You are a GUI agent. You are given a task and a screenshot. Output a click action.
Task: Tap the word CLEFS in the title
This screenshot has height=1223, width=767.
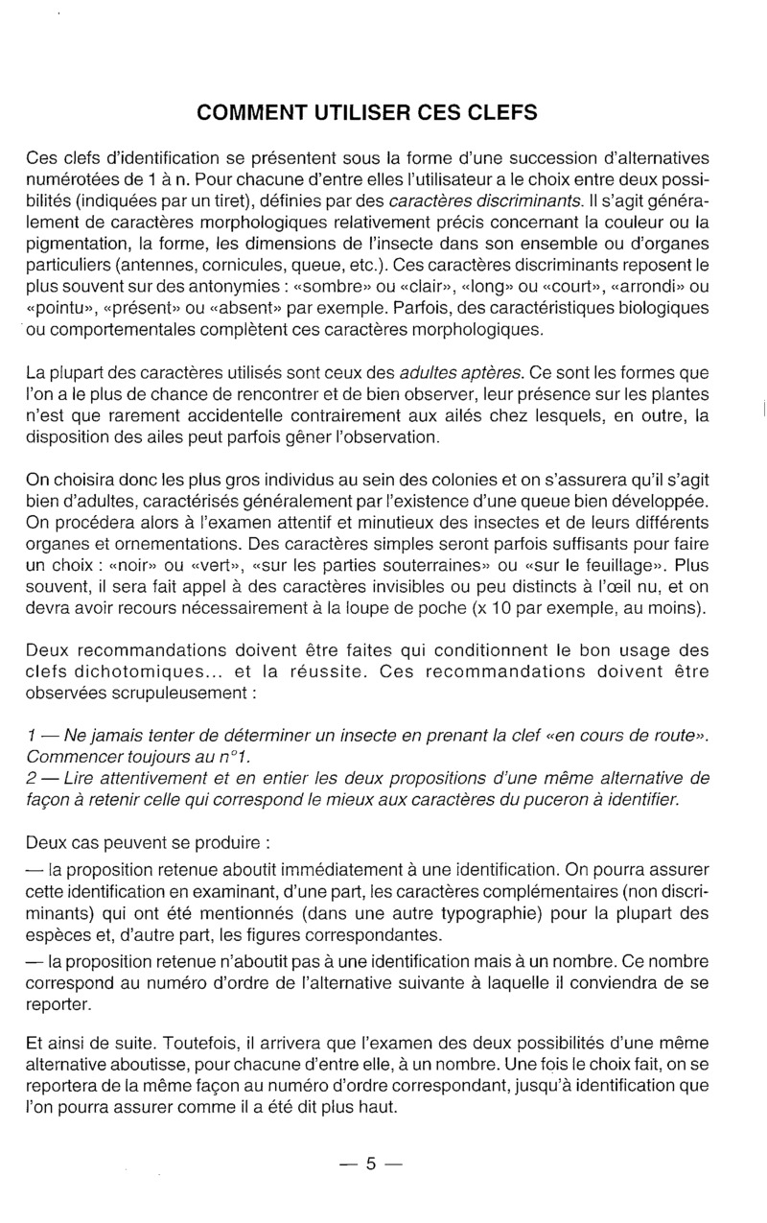[496, 113]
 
